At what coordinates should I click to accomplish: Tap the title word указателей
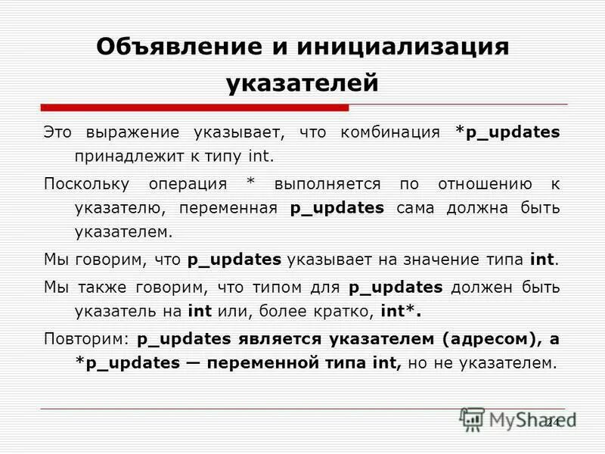(302, 82)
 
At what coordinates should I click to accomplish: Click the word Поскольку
(86, 184)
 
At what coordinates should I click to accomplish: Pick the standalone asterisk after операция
(251, 184)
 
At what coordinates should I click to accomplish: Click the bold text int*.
(400, 311)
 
